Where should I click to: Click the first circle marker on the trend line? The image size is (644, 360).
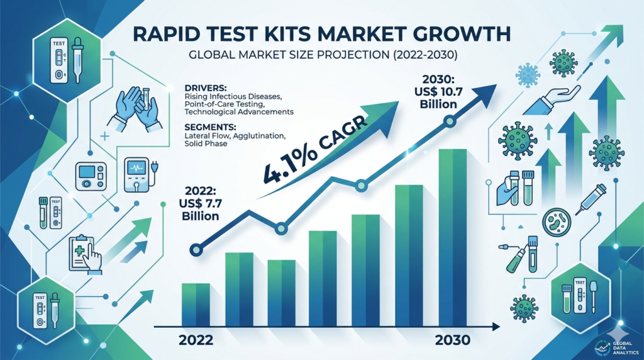(x=197, y=249)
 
